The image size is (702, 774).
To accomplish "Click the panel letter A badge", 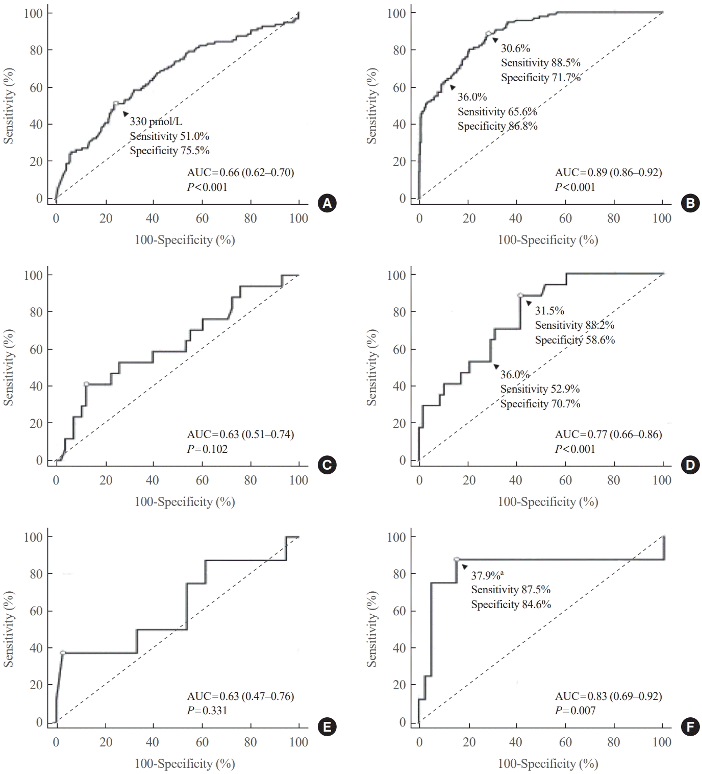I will (327, 204).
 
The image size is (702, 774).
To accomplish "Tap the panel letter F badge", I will (690, 728).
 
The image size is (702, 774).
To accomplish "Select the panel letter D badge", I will (690, 465).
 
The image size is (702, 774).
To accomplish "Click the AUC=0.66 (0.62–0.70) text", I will (240, 173).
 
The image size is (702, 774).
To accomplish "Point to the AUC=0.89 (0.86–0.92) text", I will (608, 173).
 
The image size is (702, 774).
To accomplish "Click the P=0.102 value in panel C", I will (207, 449).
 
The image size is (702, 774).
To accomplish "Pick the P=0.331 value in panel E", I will (207, 711).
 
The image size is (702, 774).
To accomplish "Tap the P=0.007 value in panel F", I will (575, 711).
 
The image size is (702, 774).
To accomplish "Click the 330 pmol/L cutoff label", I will (156, 122).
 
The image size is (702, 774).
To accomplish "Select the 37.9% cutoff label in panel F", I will (487, 575).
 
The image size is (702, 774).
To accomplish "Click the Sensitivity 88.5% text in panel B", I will (540, 63).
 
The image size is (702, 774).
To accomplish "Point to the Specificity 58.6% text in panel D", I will (574, 340).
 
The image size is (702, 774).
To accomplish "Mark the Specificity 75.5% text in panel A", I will (169, 151).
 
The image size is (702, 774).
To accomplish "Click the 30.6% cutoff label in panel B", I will (515, 49).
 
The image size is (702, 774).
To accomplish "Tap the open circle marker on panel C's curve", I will (86, 384).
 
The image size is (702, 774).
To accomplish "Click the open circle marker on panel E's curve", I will (63, 653).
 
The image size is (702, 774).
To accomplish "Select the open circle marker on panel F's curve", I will (457, 560).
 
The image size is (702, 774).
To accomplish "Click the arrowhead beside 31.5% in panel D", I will (529, 303).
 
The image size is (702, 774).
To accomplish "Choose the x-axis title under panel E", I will (184, 764).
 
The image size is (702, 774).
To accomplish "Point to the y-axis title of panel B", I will (372, 106).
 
